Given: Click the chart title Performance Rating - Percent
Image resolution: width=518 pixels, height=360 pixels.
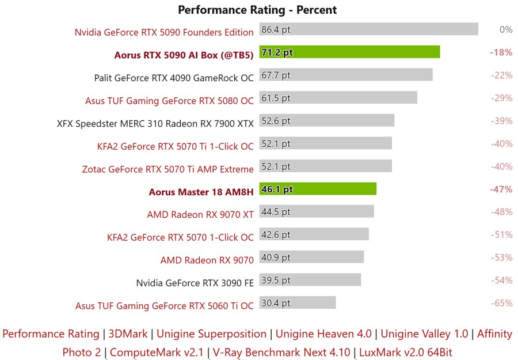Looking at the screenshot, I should click(x=257, y=10).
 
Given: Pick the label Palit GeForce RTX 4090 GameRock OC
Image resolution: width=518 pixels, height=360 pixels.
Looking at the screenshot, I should click(x=174, y=78).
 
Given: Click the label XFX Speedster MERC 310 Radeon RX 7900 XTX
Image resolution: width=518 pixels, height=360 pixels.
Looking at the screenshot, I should click(x=155, y=123).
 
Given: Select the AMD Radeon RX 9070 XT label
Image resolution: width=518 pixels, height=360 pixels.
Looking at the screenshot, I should click(x=200, y=214).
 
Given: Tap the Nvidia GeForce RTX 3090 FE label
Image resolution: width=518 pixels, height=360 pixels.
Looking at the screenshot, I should click(x=195, y=283).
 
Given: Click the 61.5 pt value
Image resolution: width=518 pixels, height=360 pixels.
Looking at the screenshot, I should click(x=276, y=98).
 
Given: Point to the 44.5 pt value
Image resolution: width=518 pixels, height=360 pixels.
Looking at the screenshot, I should click(x=276, y=212).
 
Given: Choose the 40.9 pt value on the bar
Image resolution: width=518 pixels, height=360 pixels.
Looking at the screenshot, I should click(x=276, y=257).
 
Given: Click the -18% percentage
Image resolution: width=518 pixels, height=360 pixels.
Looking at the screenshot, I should click(x=501, y=52).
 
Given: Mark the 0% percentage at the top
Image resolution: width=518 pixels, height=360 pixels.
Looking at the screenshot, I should click(x=506, y=29).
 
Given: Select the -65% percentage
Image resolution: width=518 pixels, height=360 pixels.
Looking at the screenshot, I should click(x=501, y=303).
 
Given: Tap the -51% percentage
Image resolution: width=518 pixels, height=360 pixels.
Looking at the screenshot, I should click(x=501, y=234).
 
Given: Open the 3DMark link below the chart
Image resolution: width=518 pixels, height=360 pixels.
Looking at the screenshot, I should click(x=128, y=334).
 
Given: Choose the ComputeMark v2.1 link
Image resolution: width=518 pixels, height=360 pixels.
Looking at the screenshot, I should click(x=157, y=351).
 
